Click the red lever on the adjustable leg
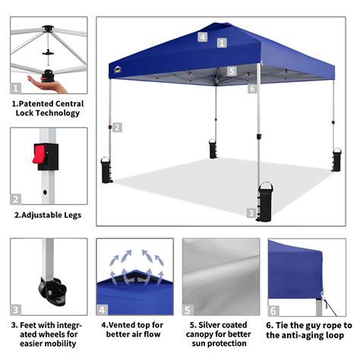(x=34, y=154)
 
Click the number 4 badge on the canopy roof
(x=203, y=36)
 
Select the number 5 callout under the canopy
(x=232, y=71)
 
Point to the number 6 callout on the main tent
(x=251, y=89)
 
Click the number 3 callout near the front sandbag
(x=251, y=213)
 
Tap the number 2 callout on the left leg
(x=118, y=127)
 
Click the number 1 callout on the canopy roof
(x=221, y=44)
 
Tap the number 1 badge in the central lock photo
(x=16, y=88)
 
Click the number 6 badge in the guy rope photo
(x=273, y=310)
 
